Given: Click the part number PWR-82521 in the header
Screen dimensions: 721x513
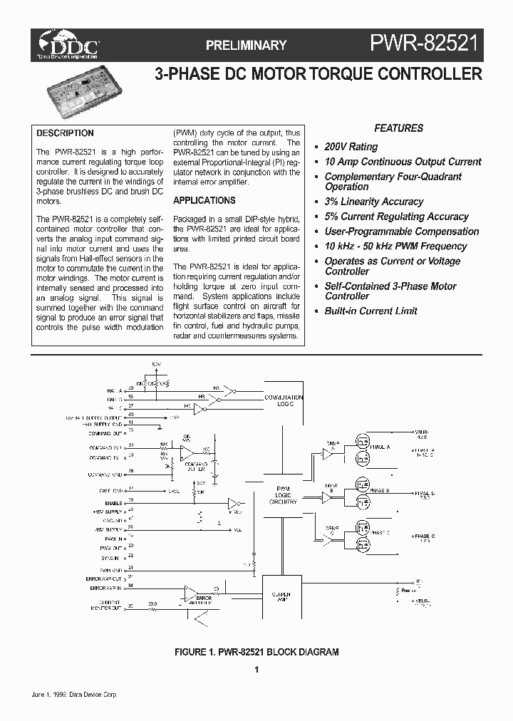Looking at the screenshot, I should click(425, 45).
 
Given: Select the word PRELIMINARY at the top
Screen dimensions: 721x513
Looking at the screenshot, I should click(246, 46).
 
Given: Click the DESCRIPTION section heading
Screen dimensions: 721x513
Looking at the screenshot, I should click(65, 133).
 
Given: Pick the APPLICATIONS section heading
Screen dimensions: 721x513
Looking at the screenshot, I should click(204, 201).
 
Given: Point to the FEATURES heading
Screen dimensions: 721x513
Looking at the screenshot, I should click(398, 128).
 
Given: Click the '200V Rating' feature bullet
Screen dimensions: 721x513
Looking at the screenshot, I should click(351, 147).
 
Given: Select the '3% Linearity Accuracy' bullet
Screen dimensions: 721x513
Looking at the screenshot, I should click(373, 202).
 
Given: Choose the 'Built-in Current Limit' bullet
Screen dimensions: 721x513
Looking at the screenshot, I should click(370, 311).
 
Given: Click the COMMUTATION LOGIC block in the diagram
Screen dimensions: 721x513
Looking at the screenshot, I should click(284, 400).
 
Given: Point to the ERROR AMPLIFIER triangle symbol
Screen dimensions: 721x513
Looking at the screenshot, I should click(191, 593).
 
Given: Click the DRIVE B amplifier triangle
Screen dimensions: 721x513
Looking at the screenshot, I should click(328, 497).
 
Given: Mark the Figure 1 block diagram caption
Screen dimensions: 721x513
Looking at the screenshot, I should click(256, 652).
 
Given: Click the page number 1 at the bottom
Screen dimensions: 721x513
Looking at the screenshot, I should click(256, 669).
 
